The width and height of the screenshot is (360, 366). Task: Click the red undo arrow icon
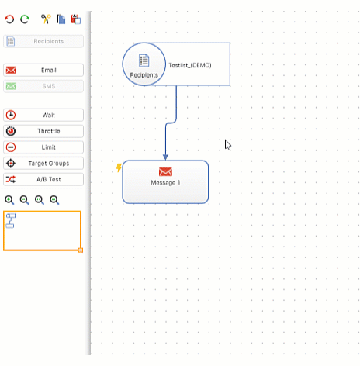9,19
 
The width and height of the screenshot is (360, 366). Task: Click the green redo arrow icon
25,19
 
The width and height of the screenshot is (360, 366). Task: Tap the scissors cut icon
46,19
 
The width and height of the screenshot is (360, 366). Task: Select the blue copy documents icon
61,19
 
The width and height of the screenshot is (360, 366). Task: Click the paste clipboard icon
76,19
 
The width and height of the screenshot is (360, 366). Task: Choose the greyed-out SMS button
43,86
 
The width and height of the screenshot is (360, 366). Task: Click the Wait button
43,115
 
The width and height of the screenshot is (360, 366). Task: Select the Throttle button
43,131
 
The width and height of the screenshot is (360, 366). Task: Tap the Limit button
43,147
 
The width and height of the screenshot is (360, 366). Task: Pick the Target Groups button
43,163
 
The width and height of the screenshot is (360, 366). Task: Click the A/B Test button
43,179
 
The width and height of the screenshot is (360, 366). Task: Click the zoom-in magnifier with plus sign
9,200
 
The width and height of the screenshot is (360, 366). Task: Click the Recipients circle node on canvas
144,64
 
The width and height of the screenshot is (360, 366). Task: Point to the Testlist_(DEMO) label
190,65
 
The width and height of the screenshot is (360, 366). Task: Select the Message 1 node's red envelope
165,171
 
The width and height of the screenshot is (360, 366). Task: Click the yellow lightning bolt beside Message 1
119,167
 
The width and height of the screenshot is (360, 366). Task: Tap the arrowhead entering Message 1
165,157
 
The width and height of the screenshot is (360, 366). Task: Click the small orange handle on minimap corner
81,250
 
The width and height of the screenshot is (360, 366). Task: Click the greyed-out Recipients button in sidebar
43,41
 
